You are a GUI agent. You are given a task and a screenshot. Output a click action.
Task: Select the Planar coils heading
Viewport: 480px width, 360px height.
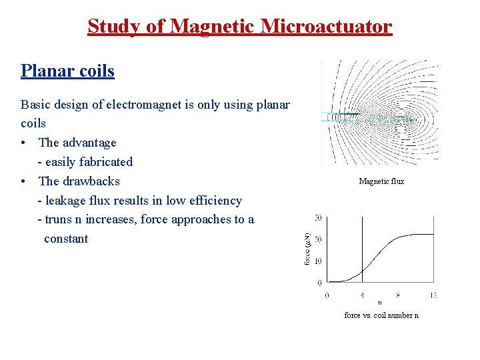(x=67, y=71)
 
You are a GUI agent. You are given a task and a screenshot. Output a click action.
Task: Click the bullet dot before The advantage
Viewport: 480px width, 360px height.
(x=24, y=143)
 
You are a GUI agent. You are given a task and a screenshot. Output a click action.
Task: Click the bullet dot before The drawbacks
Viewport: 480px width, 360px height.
(x=24, y=181)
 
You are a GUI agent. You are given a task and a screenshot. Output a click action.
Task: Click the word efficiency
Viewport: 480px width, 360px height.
(x=213, y=201)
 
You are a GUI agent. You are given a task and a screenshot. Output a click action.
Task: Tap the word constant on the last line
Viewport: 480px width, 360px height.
(x=65, y=239)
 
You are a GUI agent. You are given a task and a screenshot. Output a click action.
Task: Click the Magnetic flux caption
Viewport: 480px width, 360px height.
(x=381, y=181)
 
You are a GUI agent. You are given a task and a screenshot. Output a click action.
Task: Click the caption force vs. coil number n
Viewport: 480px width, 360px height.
(x=381, y=315)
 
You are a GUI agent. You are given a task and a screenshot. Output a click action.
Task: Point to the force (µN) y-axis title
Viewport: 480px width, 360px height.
(x=307, y=249)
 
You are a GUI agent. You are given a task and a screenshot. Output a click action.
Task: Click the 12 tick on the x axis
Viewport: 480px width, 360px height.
(x=433, y=294)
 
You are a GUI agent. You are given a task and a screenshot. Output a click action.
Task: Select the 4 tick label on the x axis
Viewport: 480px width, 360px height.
(x=362, y=294)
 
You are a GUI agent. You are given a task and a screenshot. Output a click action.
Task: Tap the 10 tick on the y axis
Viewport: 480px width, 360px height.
(x=318, y=261)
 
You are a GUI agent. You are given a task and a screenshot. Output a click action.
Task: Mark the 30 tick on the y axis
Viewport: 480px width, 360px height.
(x=318, y=218)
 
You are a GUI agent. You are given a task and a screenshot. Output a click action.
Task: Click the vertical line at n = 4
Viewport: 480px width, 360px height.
(x=362, y=247)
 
